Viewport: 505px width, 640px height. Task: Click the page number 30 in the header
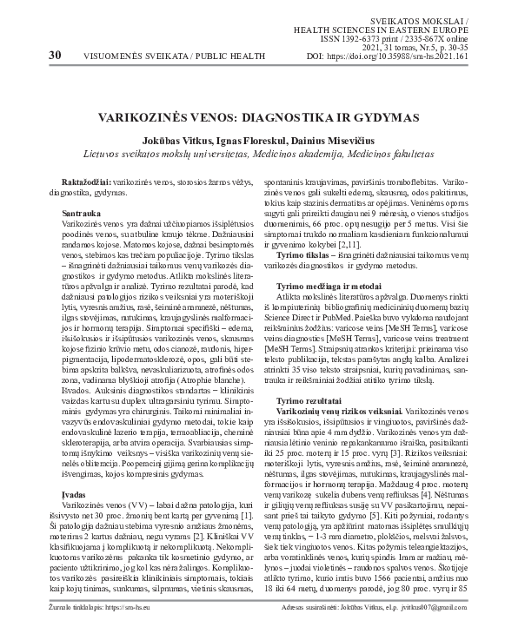[x=31, y=55]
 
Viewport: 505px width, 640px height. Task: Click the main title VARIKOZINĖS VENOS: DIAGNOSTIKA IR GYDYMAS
[x=252, y=115]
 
